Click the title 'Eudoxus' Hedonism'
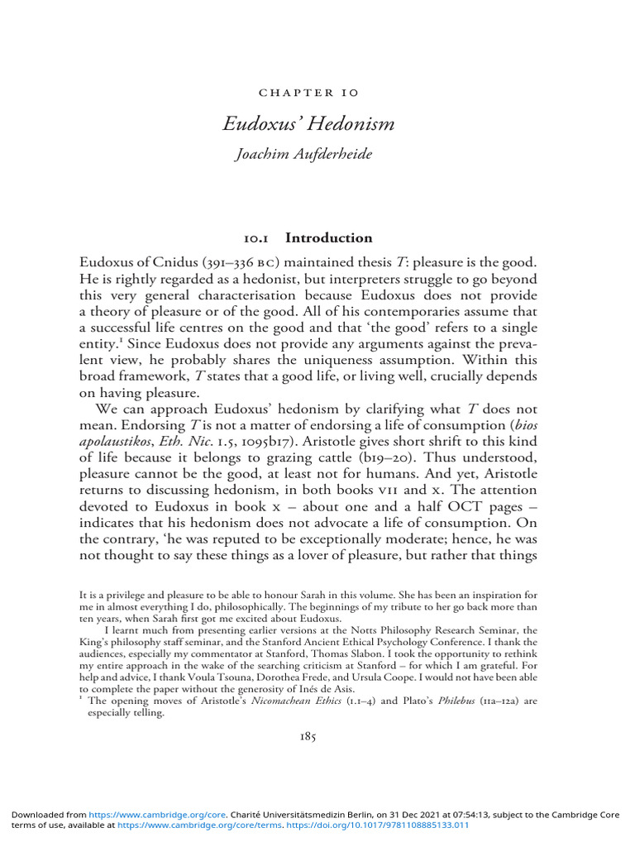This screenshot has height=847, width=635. coord(308,124)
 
